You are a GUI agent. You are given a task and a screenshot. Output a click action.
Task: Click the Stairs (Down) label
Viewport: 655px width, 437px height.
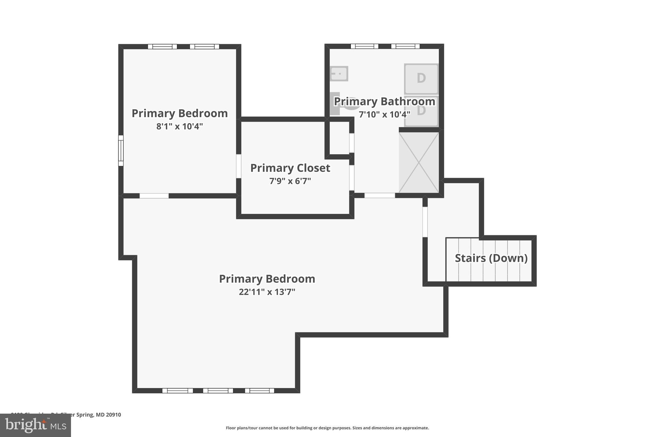click(491, 258)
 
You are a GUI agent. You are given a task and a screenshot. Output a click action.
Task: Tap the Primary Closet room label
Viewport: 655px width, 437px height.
click(290, 168)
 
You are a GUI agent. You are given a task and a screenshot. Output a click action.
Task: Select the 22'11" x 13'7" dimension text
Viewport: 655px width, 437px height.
click(267, 292)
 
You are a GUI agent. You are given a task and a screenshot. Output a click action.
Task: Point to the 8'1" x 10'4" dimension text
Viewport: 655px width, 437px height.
click(179, 126)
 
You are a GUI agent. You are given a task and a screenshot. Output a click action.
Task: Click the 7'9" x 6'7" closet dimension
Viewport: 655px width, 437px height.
click(290, 181)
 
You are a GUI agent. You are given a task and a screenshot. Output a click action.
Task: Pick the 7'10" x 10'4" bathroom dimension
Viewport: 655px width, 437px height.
click(384, 115)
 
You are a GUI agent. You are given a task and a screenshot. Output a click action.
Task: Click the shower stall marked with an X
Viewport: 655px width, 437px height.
click(419, 163)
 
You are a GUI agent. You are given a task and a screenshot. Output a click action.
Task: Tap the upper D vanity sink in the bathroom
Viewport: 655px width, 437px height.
click(421, 78)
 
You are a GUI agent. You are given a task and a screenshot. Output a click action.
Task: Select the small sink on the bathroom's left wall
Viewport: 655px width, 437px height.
click(339, 74)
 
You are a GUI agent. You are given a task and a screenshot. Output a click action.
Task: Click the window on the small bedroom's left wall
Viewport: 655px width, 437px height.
click(121, 150)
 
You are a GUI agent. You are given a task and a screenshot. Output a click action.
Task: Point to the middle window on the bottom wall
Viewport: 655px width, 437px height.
click(218, 391)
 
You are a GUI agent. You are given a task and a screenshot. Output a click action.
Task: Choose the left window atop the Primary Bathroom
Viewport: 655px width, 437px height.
click(364, 46)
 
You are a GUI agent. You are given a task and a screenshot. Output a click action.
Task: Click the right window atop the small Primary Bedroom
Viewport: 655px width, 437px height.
click(204, 47)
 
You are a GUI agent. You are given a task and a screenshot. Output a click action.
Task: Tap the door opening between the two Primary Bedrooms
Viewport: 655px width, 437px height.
click(154, 196)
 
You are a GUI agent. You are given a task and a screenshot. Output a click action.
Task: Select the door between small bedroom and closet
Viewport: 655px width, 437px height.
click(239, 166)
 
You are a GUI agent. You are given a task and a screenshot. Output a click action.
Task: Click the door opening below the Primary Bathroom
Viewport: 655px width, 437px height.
click(380, 195)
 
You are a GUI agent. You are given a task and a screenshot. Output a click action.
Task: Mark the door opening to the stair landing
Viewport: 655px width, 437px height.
click(425, 222)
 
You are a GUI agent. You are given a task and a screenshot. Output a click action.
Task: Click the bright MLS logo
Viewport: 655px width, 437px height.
click(36, 425)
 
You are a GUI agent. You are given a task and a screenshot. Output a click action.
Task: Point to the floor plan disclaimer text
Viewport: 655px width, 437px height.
click(327, 428)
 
